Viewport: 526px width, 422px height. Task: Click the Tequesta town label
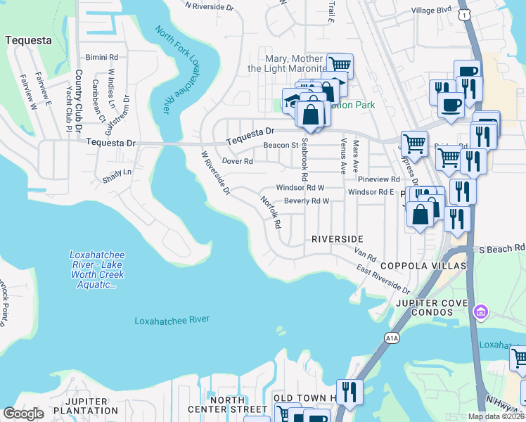[28, 40]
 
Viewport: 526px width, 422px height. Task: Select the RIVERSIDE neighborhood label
[338, 239]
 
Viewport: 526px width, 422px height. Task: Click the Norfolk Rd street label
[271, 212]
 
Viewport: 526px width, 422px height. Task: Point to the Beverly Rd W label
[307, 201]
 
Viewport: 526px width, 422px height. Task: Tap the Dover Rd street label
[237, 161]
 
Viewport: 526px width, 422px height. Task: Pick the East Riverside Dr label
[383, 279]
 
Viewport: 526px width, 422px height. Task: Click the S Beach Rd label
[502, 249]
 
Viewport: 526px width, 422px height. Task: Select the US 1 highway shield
[463, 15]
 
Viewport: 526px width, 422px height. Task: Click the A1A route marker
[392, 338]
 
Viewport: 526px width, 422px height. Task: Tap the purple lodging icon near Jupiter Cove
[481, 311]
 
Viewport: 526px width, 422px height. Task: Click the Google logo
[24, 414]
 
